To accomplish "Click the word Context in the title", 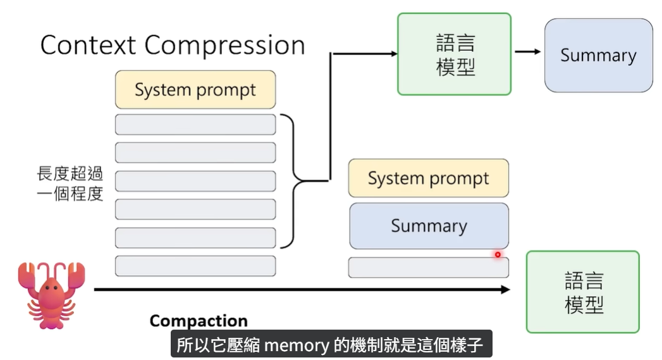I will (88, 46).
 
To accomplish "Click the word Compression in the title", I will (225, 46).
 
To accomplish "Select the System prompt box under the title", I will (195, 89).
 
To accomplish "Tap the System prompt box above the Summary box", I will (428, 178).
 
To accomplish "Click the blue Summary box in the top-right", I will (598, 56).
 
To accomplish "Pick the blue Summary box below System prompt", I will (429, 226).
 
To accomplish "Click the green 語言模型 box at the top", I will (454, 54).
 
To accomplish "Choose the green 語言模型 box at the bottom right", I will (583, 292).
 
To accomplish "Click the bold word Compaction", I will (198, 321).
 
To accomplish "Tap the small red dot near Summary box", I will (498, 255).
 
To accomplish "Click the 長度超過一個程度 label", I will (70, 183).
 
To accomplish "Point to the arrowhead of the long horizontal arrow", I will (505, 289).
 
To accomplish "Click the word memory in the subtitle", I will (296, 345).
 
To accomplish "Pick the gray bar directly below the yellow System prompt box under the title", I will (195, 125).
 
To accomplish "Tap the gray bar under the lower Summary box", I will (428, 268).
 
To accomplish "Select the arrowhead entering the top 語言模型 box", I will (392, 54).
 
